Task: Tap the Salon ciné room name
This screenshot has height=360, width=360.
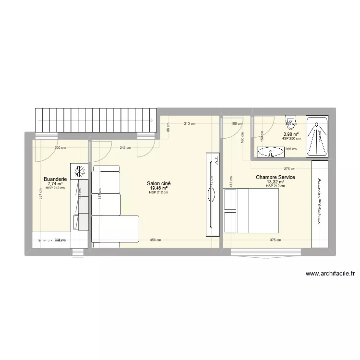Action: point(159,183)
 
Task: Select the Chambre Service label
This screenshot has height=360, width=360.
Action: point(276,178)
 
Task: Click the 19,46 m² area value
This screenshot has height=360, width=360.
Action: point(159,188)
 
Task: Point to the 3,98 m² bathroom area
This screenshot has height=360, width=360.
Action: point(291,134)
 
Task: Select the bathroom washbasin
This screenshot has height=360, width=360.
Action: point(271,152)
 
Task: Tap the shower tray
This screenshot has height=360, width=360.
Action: point(317,136)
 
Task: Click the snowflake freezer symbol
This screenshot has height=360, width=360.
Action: point(79,171)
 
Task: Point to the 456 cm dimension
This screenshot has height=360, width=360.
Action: point(155,240)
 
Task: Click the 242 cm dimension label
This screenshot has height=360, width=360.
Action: point(125,148)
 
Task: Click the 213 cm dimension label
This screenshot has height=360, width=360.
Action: point(189,124)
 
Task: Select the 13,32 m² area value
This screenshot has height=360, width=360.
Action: point(275,182)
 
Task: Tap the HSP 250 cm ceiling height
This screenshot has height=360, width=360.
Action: point(291,139)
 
